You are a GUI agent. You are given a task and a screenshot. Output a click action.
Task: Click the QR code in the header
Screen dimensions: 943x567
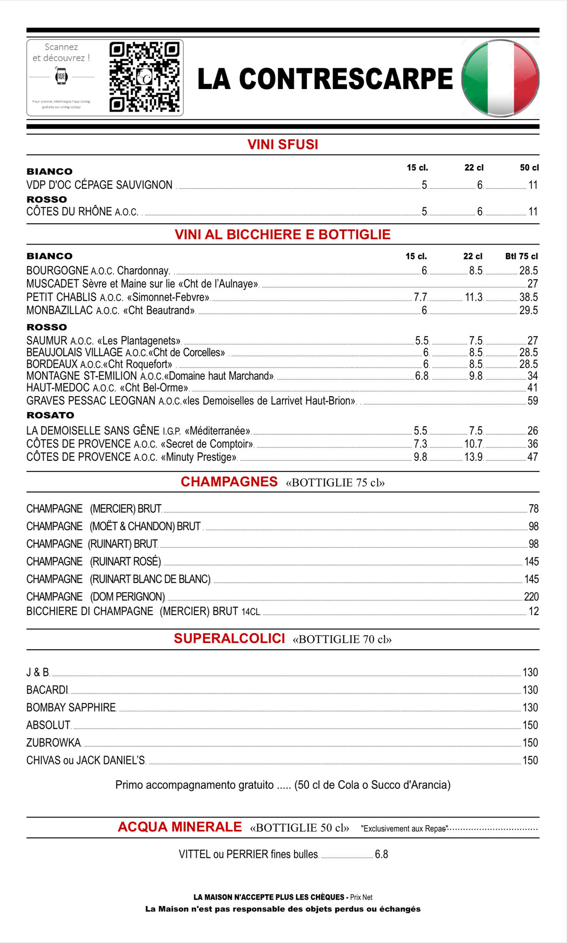pos(144,77)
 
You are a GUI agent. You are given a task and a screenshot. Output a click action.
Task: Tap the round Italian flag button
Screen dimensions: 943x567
pos(500,78)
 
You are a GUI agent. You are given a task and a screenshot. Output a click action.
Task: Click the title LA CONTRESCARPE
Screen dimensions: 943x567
pos(325,79)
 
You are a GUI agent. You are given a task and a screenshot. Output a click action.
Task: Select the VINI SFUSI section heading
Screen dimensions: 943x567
pos(283,144)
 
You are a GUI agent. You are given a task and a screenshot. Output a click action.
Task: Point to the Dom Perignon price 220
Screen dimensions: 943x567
pos(531,596)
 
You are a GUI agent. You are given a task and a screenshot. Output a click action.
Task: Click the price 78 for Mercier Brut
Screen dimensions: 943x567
pos(533,509)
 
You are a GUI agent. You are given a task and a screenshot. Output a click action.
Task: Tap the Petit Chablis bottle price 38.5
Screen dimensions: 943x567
pos(528,297)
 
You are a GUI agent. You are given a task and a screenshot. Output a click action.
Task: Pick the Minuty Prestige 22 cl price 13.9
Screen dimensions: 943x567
pos(474,457)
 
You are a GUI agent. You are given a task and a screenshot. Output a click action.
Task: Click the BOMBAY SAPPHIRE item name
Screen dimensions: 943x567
pos(71,707)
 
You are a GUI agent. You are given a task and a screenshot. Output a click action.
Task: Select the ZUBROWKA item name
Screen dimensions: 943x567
pos(54,742)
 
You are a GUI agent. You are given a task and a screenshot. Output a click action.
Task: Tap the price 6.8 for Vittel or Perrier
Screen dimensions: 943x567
pos(381,854)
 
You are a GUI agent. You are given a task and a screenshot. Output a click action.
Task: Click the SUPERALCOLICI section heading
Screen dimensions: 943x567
pos(229,638)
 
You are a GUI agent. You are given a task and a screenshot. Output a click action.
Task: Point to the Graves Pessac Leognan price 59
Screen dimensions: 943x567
pos(532,401)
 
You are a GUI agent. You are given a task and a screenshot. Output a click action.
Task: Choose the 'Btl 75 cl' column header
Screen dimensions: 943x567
pos(521,256)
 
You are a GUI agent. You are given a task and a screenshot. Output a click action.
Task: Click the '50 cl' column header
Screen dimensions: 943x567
pos(529,168)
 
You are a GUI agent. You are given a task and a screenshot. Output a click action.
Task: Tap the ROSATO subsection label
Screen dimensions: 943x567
pos(50,415)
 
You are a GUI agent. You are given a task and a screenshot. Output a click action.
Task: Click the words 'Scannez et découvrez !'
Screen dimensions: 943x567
pos(61,52)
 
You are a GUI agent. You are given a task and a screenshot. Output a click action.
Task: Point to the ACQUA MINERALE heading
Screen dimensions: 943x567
pos(180,826)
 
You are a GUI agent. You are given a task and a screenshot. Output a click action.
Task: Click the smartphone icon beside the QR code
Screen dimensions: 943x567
pos(61,76)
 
